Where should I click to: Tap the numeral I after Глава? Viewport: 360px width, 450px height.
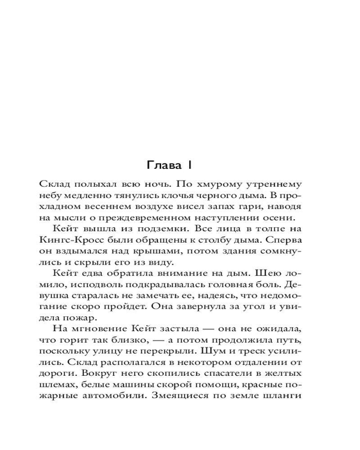point(190,166)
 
